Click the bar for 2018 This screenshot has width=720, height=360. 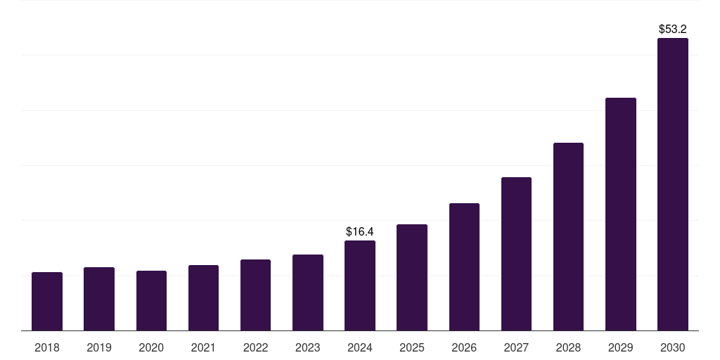[47, 301]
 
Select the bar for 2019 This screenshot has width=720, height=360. [99, 299]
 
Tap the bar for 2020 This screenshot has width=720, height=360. [152, 301]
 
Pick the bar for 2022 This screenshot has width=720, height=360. [255, 295]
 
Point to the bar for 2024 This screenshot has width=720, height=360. [360, 285]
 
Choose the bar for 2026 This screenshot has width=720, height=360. [464, 266]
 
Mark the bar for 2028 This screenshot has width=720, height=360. [568, 237]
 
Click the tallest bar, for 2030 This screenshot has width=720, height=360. [673, 185]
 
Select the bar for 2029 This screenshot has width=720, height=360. [621, 214]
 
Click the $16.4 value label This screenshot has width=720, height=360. [360, 231]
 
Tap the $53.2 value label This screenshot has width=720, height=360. [673, 30]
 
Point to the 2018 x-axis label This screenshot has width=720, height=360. [47, 348]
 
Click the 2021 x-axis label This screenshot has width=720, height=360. [203, 348]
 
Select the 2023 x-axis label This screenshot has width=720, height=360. [308, 348]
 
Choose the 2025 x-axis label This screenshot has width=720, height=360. [412, 348]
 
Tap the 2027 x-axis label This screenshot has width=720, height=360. [516, 348]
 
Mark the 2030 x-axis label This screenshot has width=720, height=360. [673, 348]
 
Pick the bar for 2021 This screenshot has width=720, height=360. [203, 298]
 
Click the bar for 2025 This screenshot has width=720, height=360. [412, 278]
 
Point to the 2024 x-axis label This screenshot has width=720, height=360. [360, 348]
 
